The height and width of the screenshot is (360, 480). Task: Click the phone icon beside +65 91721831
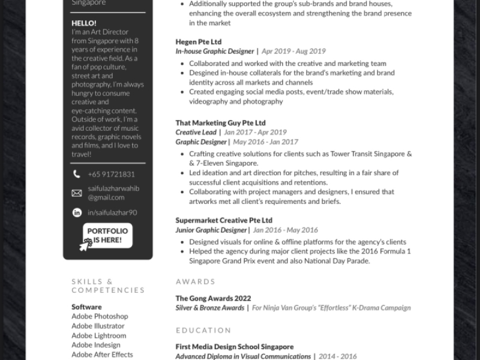(x=77, y=174)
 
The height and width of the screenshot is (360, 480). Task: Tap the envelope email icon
(x=77, y=193)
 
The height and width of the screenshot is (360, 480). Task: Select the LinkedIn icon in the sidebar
(x=77, y=212)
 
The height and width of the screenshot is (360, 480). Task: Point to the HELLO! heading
(x=83, y=23)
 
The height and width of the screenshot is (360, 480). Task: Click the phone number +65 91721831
(x=111, y=174)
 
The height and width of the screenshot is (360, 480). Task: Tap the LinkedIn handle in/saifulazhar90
(x=112, y=212)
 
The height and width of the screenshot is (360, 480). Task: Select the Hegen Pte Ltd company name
(x=199, y=42)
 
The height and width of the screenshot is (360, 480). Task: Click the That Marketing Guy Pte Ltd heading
(x=220, y=122)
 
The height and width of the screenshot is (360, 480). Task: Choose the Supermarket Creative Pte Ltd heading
(x=224, y=220)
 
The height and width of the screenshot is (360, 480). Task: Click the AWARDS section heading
(x=196, y=281)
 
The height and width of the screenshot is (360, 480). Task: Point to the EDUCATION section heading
(x=203, y=330)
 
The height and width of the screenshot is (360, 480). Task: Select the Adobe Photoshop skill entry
(x=100, y=316)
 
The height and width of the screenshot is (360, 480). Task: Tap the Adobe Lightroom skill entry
(x=99, y=335)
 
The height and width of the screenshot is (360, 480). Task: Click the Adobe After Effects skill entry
(x=102, y=355)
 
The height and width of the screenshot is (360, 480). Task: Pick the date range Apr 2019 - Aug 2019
(x=293, y=52)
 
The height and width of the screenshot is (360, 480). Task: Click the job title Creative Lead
(x=196, y=132)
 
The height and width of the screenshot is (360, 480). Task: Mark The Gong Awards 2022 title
(x=213, y=298)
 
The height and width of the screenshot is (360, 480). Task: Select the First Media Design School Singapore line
(x=235, y=347)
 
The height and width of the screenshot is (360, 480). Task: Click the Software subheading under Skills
(x=86, y=307)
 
